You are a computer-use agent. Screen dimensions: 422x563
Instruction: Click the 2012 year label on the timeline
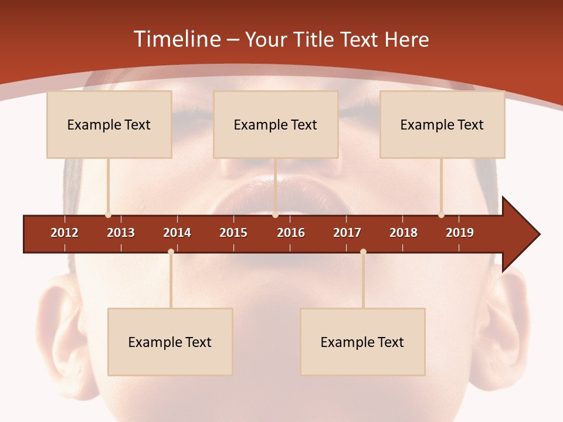(x=65, y=233)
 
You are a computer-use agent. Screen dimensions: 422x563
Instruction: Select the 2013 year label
(x=121, y=233)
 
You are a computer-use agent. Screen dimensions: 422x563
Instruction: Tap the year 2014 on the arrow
(x=177, y=233)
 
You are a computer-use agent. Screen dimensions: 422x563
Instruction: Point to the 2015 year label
(x=233, y=233)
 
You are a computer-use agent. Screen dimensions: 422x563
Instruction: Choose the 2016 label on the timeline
(x=291, y=233)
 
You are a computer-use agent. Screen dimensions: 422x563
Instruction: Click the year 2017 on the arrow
(x=347, y=233)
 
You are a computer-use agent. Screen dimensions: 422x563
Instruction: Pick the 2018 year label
(x=403, y=233)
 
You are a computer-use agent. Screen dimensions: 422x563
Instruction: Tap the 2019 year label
(x=460, y=233)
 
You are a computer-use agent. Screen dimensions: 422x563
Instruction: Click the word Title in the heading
(x=314, y=39)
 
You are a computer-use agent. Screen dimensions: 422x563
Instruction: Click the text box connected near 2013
(x=109, y=124)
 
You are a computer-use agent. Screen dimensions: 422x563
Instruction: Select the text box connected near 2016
(x=276, y=124)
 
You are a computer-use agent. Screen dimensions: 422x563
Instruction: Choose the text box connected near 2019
(x=442, y=124)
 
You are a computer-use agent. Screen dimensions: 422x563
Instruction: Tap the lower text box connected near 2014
(x=170, y=342)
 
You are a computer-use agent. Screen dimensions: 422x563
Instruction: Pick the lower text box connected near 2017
(x=362, y=342)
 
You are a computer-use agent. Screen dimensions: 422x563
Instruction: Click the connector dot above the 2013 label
(x=108, y=215)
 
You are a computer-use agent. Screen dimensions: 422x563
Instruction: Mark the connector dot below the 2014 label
(x=171, y=252)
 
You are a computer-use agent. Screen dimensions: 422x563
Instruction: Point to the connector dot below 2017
(x=363, y=252)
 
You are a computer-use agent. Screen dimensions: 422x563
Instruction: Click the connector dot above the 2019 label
(x=441, y=215)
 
